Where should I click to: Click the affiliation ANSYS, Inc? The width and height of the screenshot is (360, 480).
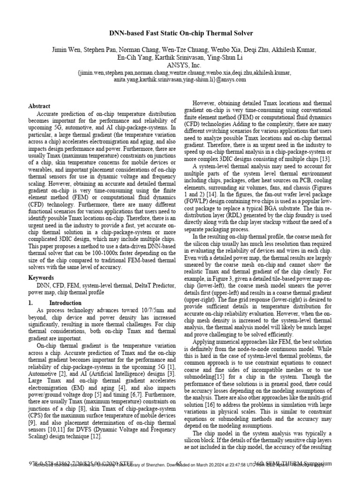(180, 66)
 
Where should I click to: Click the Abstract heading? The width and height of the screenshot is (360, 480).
(39, 106)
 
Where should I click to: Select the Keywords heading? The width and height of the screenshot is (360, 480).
(41, 278)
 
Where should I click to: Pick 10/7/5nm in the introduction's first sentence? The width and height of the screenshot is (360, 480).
(146, 310)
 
